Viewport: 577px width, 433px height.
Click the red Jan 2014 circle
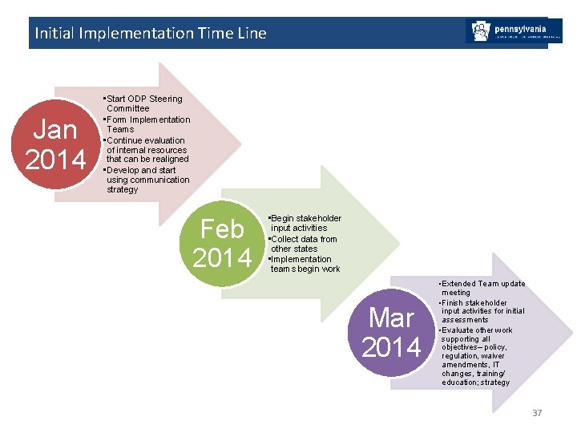55,144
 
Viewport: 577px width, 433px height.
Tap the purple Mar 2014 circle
392,333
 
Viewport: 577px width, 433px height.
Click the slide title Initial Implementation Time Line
150,33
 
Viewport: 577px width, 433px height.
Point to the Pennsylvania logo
513,31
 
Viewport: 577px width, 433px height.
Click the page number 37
536,413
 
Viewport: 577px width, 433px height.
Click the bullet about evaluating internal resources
147,150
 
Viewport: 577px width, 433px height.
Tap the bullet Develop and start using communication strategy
147,180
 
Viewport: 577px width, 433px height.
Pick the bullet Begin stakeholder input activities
305,223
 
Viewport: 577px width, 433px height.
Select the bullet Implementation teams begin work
305,264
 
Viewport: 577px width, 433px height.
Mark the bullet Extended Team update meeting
482,288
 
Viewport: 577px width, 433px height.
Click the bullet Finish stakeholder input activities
482,311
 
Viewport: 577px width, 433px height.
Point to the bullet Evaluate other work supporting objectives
478,356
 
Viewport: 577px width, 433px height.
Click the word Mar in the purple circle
392,318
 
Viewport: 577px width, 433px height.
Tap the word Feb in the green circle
222,229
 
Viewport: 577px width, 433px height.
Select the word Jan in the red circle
55,130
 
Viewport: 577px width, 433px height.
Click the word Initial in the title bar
53,33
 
